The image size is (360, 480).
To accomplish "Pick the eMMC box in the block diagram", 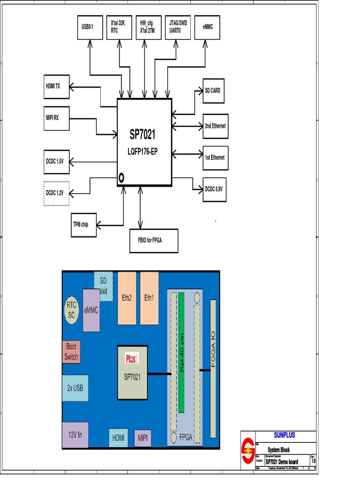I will point(207,27).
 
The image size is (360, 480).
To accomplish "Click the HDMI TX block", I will point(56,87).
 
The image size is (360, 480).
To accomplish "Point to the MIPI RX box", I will point(56,118).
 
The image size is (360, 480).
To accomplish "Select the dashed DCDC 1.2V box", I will point(56,193).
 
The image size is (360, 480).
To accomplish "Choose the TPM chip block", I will point(83,225).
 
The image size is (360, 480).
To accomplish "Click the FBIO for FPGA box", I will point(154,240).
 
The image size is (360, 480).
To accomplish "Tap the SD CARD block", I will point(213,91).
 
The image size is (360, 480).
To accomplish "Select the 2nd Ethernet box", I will point(215,126).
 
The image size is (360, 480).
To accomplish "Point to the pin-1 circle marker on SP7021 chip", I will point(121,178).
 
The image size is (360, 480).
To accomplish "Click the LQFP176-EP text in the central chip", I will point(144,152).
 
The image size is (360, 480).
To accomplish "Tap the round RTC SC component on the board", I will point(71,310).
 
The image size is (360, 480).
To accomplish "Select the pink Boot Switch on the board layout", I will point(71,352).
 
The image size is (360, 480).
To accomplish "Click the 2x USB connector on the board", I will point(75,388).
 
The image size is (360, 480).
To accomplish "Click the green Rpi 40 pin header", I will point(181,352).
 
